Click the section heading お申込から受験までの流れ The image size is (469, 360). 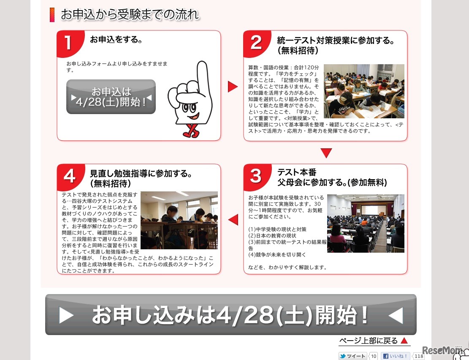coord(129,15)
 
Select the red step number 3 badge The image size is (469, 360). coord(255,176)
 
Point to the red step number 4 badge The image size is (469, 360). coord(69,176)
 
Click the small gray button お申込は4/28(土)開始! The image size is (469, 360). coord(111,97)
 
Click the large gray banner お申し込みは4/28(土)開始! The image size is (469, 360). coord(230,315)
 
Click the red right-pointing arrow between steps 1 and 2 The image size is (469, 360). coord(233,87)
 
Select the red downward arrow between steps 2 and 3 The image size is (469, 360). coord(326,153)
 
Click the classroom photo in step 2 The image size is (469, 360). coord(364,91)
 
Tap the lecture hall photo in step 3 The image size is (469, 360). coord(366,223)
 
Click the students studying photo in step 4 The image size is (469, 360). coord(179,220)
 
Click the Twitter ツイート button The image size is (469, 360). coord(353,356)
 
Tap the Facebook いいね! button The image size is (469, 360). coord(396,356)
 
